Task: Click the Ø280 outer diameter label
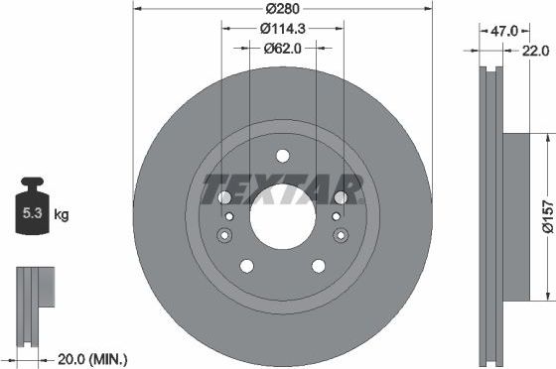pyautogui.click(x=282, y=10)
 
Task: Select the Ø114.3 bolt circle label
pyautogui.click(x=282, y=29)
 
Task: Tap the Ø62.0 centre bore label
pyautogui.click(x=282, y=47)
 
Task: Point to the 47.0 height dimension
pyautogui.click(x=493, y=32)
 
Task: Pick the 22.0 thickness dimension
pyautogui.click(x=537, y=50)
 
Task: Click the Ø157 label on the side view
pyautogui.click(x=546, y=215)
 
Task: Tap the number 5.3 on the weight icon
pyautogui.click(x=33, y=213)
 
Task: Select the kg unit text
pyautogui.click(x=62, y=214)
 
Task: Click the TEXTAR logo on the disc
pyautogui.click(x=282, y=186)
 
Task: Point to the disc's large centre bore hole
pyautogui.click(x=282, y=216)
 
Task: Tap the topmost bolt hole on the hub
pyautogui.click(x=282, y=155)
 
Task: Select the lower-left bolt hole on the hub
pyautogui.click(x=246, y=265)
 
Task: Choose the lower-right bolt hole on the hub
pyautogui.click(x=318, y=265)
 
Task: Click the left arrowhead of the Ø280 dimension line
pyautogui.click(x=136, y=10)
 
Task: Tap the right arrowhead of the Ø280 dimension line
pyautogui.click(x=428, y=10)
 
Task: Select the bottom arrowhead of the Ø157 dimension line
pyautogui.click(x=546, y=295)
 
